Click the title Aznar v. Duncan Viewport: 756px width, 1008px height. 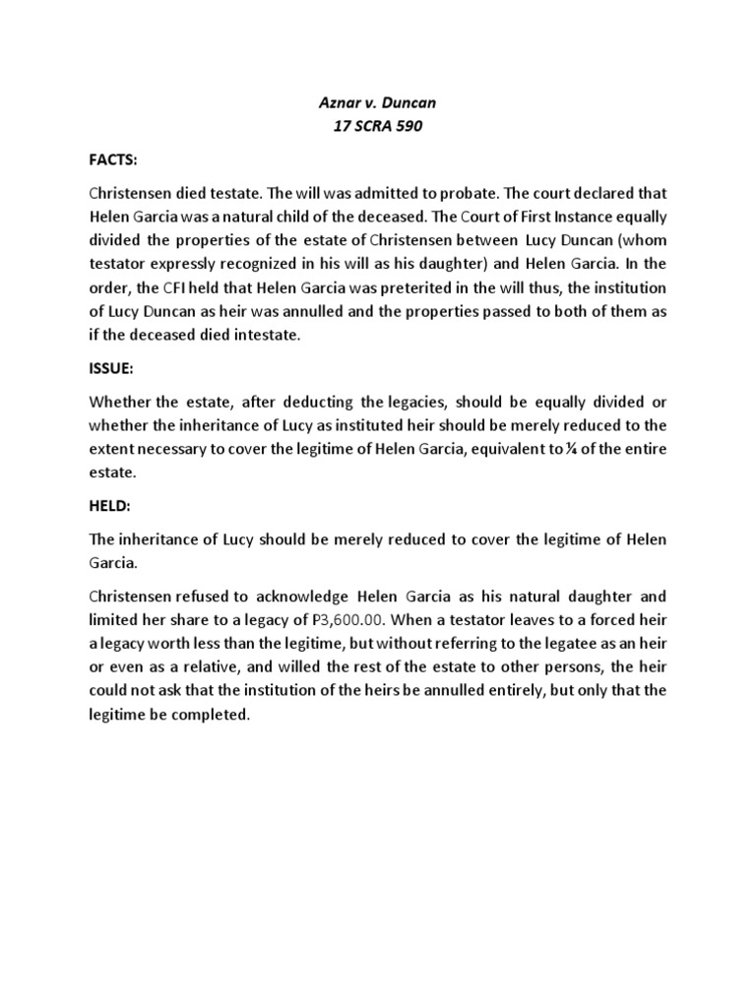point(378,105)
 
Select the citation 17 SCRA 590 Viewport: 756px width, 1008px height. point(378,128)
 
